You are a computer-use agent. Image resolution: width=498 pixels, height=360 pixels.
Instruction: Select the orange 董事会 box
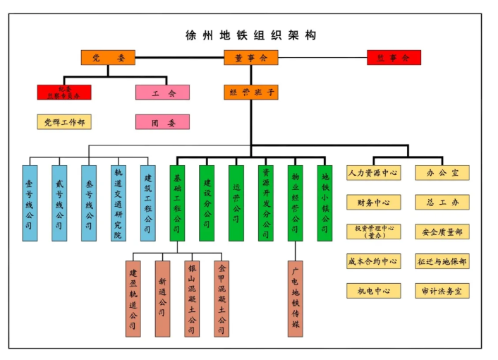point(250,58)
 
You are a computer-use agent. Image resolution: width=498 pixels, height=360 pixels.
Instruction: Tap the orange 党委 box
point(108,58)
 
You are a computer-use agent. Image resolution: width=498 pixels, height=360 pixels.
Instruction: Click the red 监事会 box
point(394,58)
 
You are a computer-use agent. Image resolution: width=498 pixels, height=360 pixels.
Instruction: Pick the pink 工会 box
point(162,92)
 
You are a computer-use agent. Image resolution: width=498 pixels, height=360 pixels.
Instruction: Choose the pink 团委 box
point(162,122)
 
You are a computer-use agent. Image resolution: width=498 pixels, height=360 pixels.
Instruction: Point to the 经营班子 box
point(250,92)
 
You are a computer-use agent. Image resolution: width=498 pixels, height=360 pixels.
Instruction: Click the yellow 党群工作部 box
point(64,122)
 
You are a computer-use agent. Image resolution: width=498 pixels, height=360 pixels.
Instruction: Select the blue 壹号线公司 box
point(30,203)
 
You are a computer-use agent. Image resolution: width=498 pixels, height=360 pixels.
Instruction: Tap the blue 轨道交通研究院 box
point(118,203)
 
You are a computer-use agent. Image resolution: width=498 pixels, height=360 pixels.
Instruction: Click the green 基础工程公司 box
point(177,203)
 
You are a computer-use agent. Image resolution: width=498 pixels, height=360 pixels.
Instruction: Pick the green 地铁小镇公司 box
point(324,203)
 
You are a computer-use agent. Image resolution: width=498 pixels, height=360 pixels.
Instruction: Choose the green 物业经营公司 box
point(295,203)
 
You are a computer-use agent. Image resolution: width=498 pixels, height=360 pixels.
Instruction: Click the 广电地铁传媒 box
point(296,298)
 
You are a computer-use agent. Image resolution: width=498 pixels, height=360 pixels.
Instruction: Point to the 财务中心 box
point(373,203)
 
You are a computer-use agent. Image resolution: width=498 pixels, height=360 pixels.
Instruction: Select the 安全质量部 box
point(442,232)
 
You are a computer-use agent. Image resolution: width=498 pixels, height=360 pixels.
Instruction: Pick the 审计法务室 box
point(442,291)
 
